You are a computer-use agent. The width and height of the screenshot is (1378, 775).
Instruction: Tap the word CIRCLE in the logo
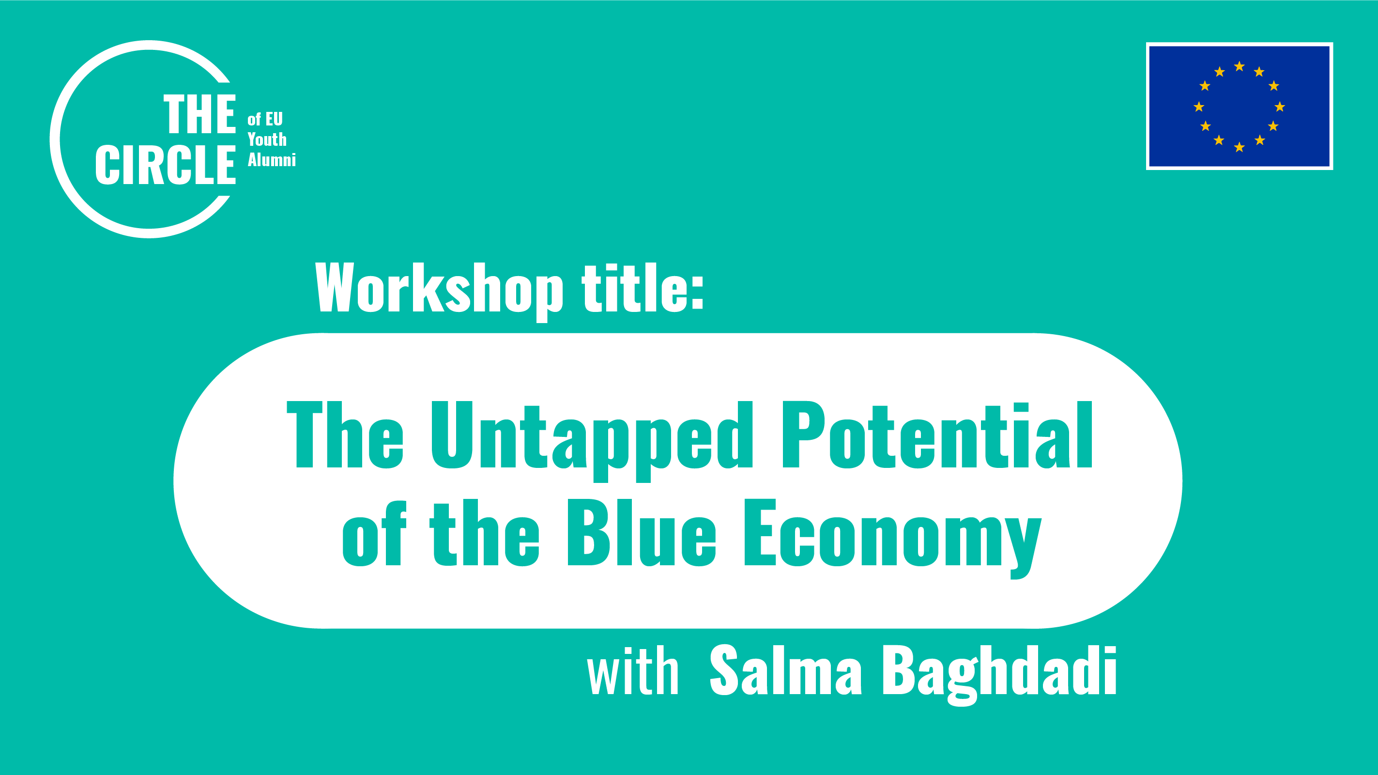[x=165, y=164]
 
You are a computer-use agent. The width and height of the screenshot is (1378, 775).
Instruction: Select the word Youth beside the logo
[x=267, y=139]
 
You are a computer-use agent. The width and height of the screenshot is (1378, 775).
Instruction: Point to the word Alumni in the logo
[x=271, y=159]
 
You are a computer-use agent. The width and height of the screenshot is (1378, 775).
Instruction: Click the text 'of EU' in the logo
[x=265, y=119]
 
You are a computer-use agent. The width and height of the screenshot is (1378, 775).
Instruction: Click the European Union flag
[x=1239, y=106]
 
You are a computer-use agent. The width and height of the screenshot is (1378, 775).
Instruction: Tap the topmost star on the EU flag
[x=1239, y=66]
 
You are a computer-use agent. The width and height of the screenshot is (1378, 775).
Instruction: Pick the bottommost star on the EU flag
[x=1239, y=147]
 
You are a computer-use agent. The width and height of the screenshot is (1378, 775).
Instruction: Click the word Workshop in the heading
[x=439, y=289]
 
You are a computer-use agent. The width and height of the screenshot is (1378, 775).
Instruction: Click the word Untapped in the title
[x=592, y=436]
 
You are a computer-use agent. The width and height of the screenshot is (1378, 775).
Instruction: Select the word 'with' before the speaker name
[x=633, y=671]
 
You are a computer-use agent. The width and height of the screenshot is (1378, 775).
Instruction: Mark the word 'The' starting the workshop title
[x=345, y=435]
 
